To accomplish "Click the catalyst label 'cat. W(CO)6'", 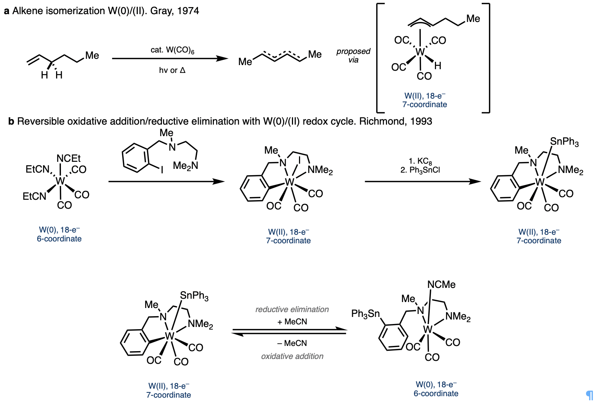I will [x=172, y=50].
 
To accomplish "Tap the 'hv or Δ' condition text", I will [x=172, y=70].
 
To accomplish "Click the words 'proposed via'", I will [x=353, y=55].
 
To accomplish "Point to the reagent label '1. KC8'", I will [x=420, y=161].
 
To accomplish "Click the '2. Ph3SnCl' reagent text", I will [x=420, y=170].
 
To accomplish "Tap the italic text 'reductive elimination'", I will [x=292, y=309].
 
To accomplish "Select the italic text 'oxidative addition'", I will [x=292, y=356].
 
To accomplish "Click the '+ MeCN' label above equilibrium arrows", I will [x=292, y=321].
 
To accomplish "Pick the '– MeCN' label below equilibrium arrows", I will [x=292, y=343].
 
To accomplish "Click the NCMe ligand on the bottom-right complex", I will [x=441, y=285].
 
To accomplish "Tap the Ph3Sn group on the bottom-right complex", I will [x=365, y=314].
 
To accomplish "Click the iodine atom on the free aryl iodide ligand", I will [x=162, y=170].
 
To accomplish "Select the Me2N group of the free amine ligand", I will [x=185, y=166].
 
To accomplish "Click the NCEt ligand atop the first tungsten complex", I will [x=68, y=158].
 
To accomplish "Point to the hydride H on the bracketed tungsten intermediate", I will [x=438, y=66].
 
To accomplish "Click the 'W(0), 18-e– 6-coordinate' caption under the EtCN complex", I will [x=59, y=234].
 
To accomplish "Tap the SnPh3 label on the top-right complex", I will [x=564, y=142].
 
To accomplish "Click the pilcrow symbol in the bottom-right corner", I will [x=589, y=395].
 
